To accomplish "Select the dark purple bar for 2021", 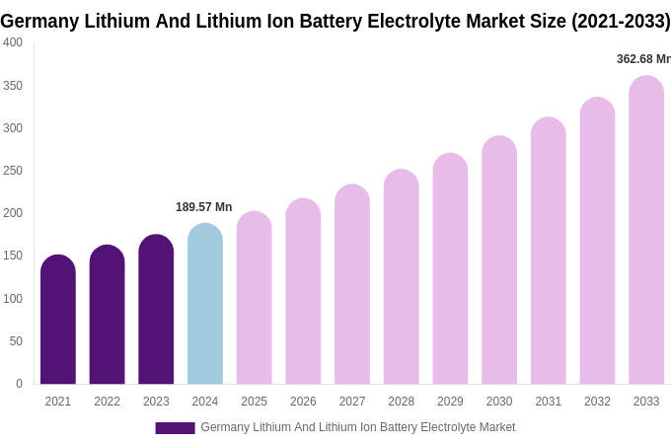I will tap(58, 320).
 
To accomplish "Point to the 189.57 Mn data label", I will tap(203, 207).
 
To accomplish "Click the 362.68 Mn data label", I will tap(642, 59).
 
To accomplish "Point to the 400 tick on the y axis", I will tap(13, 42).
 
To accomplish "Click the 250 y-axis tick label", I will tap(13, 171).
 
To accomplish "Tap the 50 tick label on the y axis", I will tap(16, 341).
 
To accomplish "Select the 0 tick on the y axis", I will tap(19, 384).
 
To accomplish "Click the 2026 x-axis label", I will tap(303, 402).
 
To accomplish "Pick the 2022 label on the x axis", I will tap(107, 402).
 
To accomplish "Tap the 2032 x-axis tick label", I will tap(597, 402).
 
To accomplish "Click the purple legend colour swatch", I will tap(175, 428).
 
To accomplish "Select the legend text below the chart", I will tap(357, 427).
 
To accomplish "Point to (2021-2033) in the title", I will tap(621, 21).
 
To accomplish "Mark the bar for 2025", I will tap(254, 298).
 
